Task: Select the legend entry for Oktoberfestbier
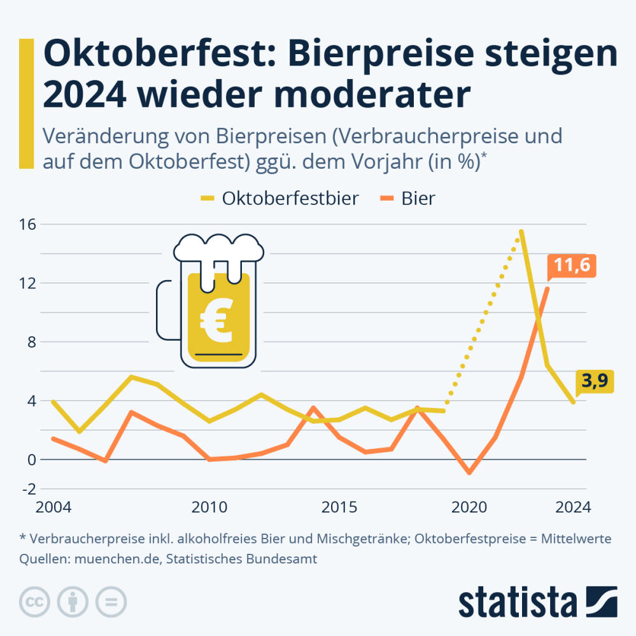coord(290,198)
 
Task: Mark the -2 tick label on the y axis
coord(28,489)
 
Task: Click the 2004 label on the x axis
coord(53,507)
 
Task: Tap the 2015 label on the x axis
coord(339,507)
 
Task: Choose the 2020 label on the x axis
coord(470,507)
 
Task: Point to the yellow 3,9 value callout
coord(595,381)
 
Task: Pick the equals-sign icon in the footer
coord(111,601)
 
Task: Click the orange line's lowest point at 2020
coord(470,473)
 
